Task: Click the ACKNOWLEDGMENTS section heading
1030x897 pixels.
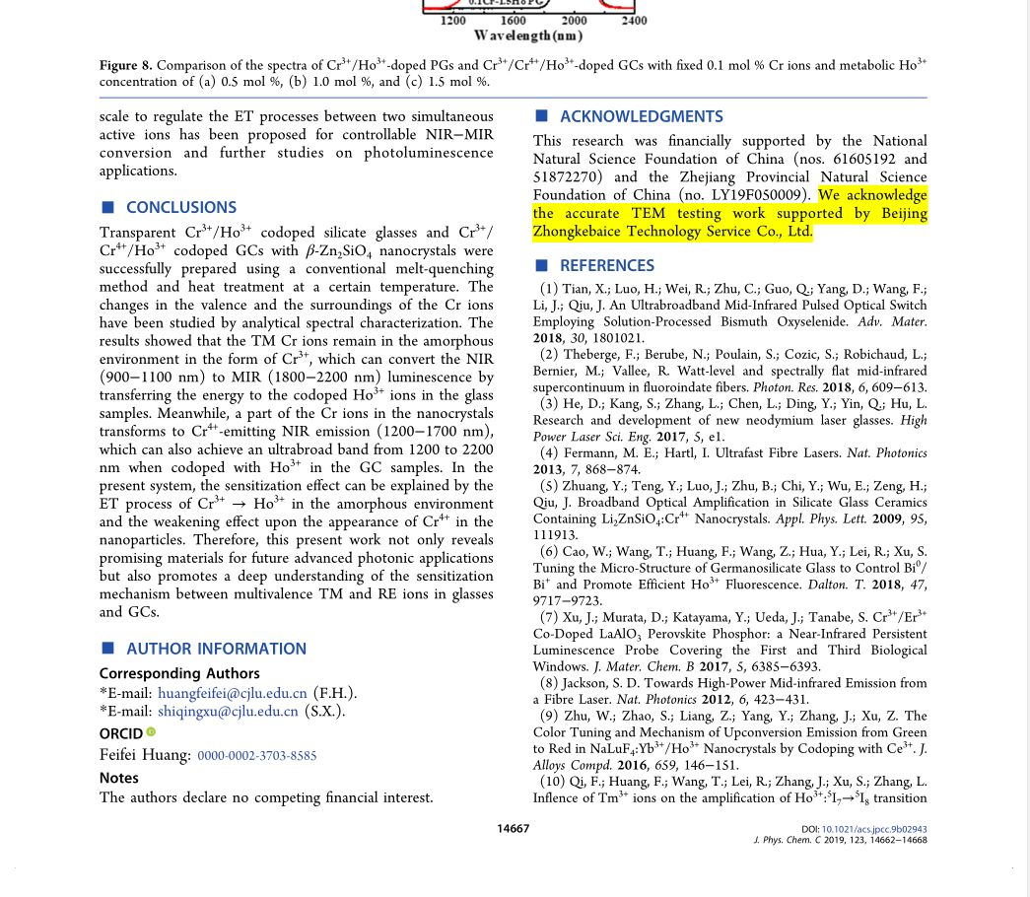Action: click(x=641, y=116)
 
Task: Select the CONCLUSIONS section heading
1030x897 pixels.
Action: click(x=180, y=207)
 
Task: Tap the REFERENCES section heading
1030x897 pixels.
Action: click(x=606, y=265)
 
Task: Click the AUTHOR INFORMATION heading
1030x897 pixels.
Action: click(x=216, y=649)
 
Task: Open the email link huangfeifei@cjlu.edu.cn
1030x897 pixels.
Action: click(x=233, y=693)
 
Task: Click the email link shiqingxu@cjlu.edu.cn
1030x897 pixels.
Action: click(x=228, y=711)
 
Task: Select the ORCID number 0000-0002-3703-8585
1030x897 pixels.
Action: click(x=257, y=756)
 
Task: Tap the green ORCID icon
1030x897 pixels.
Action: click(x=151, y=731)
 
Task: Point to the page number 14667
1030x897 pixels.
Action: click(x=513, y=829)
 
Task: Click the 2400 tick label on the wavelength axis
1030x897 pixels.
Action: click(x=634, y=20)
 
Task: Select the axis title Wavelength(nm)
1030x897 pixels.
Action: click(x=527, y=36)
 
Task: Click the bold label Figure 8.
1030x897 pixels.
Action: click(x=125, y=66)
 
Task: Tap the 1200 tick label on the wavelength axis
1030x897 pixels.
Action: click(x=453, y=20)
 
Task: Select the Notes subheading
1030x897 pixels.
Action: click(x=118, y=778)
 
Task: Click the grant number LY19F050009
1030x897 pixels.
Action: click(x=759, y=195)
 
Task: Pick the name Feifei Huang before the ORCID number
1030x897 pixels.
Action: click(x=145, y=755)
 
